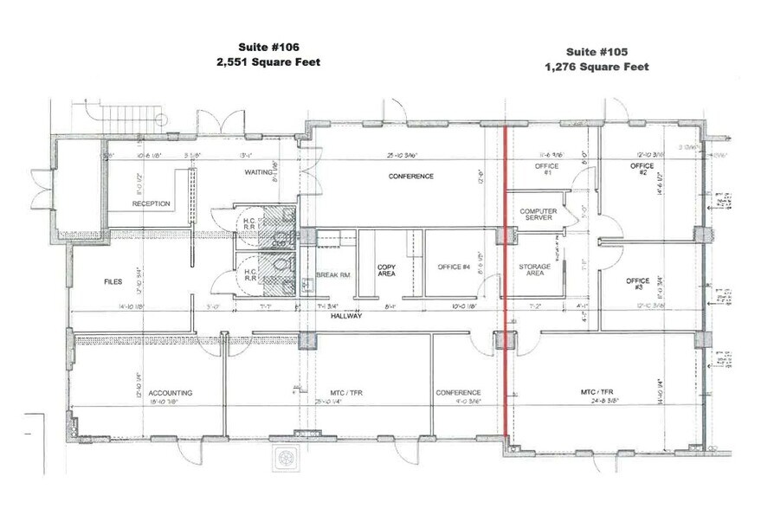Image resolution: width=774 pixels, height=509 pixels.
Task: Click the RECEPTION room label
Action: click(151, 204)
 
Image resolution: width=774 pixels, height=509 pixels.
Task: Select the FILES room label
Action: click(113, 281)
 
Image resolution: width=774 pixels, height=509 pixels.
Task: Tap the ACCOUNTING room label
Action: click(170, 392)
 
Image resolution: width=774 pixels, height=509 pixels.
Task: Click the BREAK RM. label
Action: click(332, 275)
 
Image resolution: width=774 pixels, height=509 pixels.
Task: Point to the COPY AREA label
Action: click(386, 270)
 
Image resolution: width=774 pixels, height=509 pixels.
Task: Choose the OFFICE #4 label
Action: click(454, 267)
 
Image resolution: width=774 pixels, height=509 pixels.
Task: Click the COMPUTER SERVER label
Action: click(538, 214)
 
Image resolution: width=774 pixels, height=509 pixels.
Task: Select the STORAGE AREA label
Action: click(534, 269)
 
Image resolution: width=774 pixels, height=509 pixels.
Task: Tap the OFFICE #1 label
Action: click(546, 170)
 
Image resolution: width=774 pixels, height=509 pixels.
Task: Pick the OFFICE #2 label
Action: click(641, 170)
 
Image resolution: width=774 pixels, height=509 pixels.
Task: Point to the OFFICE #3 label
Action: click(637, 284)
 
